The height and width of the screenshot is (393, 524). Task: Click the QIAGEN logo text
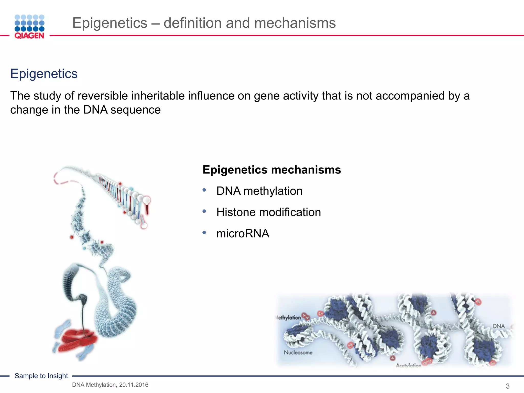(x=29, y=36)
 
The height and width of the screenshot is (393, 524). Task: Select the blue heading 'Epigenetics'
(x=44, y=74)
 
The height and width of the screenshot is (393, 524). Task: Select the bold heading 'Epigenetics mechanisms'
(x=272, y=170)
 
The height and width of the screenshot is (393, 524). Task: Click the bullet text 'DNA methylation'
(x=259, y=191)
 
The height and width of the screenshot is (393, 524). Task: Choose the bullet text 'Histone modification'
(x=268, y=212)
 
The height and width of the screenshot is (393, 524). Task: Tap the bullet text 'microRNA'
(x=243, y=234)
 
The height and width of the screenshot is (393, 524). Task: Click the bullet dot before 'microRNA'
(x=204, y=233)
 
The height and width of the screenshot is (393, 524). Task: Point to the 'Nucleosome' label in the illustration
(x=298, y=353)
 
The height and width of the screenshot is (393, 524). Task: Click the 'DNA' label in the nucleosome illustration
(x=499, y=326)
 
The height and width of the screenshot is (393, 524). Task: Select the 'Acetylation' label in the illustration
(x=408, y=365)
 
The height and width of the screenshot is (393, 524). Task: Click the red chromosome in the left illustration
(x=77, y=340)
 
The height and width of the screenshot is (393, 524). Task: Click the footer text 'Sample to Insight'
(x=41, y=376)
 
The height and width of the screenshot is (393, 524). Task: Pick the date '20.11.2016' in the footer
(x=134, y=385)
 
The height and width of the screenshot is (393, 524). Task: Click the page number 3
(x=508, y=386)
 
